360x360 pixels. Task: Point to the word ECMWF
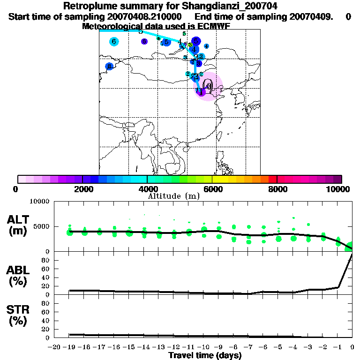(x=213, y=26)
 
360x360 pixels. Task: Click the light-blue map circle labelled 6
(x=113, y=42)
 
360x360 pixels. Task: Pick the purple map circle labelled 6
(x=144, y=42)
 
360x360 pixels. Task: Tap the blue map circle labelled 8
(x=109, y=67)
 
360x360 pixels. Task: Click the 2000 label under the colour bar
(x=82, y=189)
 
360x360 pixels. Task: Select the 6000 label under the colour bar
(x=212, y=189)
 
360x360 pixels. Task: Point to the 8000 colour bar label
(x=277, y=189)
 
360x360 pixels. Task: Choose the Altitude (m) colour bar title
(x=173, y=196)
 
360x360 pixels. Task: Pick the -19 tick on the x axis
(x=70, y=347)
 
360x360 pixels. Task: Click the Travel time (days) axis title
(x=205, y=355)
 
